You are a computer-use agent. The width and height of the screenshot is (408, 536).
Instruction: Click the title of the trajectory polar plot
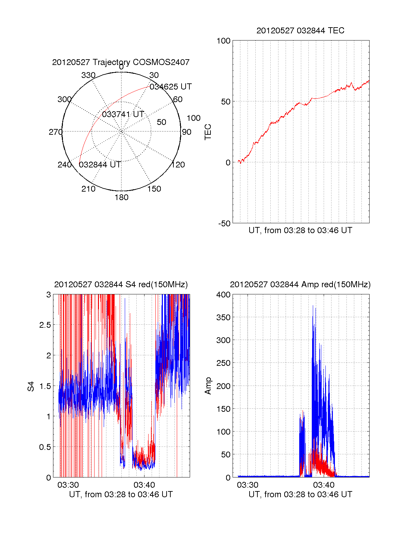(x=121, y=62)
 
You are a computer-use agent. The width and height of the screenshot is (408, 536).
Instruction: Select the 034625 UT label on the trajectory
(x=171, y=87)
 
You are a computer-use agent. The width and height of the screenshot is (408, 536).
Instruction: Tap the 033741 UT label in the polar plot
(x=123, y=114)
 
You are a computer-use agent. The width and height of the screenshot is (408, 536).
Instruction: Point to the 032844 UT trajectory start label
(x=100, y=165)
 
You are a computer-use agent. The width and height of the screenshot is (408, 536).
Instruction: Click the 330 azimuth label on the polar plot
(x=88, y=75)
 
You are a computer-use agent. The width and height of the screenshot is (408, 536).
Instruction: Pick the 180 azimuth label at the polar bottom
(x=121, y=197)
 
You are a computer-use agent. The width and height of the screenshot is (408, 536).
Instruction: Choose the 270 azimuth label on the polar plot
(x=56, y=132)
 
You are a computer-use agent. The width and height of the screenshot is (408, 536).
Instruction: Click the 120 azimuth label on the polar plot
(x=178, y=165)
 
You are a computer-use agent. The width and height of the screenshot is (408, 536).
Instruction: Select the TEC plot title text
(x=300, y=31)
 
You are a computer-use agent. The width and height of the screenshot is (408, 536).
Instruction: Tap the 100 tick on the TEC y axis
(x=223, y=41)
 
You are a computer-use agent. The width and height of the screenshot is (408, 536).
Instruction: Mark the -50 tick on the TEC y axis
(x=224, y=224)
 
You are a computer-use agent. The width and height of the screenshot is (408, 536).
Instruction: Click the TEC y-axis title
(x=208, y=132)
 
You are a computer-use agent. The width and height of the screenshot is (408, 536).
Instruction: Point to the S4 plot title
(x=121, y=285)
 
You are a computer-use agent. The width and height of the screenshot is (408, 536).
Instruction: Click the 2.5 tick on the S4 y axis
(x=45, y=325)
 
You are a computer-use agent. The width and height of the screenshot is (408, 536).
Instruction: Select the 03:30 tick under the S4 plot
(x=68, y=485)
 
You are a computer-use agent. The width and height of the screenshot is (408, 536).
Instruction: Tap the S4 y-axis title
(x=31, y=386)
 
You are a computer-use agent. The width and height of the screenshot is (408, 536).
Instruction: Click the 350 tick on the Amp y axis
(x=223, y=318)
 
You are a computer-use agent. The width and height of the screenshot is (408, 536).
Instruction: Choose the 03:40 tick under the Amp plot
(x=324, y=485)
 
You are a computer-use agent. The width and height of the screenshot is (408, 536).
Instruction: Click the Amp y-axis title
(x=208, y=386)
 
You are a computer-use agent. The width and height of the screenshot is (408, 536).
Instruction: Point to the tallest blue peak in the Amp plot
(x=313, y=306)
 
